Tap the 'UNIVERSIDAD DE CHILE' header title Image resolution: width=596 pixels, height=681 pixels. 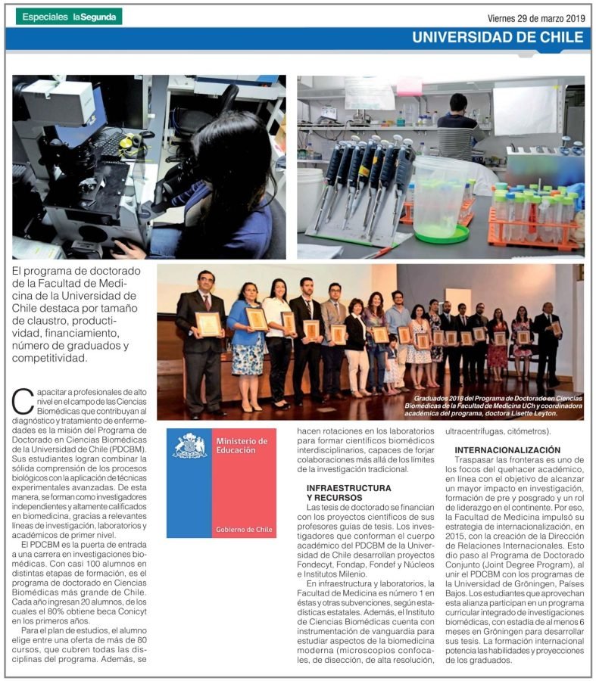pos(498,38)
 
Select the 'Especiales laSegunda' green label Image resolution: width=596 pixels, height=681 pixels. pos(69,17)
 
